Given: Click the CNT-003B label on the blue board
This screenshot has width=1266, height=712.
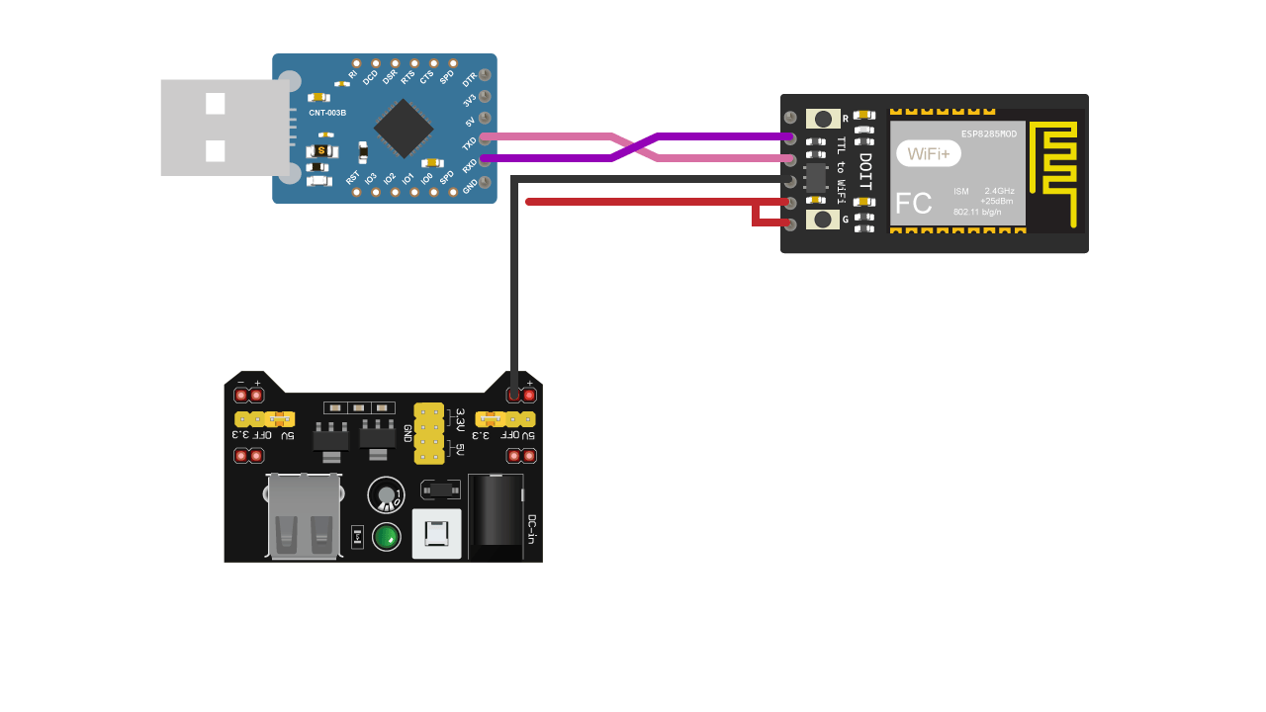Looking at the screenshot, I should tap(327, 113).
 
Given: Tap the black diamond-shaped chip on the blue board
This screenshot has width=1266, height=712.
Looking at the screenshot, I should tap(404, 129).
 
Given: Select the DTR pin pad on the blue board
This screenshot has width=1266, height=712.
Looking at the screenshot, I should tap(485, 75).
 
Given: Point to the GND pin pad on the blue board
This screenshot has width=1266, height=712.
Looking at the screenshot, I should tap(485, 183).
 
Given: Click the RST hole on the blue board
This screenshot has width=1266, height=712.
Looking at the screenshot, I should tap(357, 192).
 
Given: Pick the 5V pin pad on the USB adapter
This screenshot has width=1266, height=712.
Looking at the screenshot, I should tap(485, 119).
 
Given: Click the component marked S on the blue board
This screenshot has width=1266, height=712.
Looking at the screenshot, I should tap(321, 150).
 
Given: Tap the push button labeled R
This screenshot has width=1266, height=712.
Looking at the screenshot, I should tap(823, 119).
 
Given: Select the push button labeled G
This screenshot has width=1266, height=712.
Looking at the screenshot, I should tap(823, 220).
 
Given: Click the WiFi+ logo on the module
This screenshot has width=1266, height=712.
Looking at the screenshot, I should tap(928, 153).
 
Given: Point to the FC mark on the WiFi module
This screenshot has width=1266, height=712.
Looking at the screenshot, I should tap(913, 204).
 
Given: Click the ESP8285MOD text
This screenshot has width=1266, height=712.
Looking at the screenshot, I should tap(988, 133).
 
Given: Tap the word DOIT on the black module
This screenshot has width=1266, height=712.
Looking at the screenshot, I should tap(865, 171).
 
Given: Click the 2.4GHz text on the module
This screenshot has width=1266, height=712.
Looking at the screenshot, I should tap(999, 190).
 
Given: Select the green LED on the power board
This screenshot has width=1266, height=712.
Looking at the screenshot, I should tap(386, 537).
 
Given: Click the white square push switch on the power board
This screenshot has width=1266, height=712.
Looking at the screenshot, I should tap(436, 534).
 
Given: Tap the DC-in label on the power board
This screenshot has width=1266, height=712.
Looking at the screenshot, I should tap(531, 529).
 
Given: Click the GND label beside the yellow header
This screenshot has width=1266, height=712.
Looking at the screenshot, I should tap(407, 433).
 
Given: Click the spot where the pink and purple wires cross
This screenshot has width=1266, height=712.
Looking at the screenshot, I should tap(635, 146).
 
